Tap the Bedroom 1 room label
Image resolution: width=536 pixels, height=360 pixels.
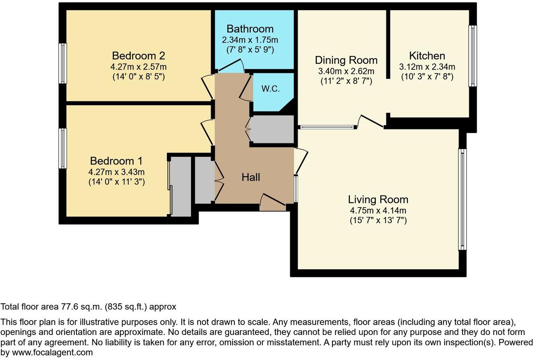[116, 161]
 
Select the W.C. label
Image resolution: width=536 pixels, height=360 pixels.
[270, 89]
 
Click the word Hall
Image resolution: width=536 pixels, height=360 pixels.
[251, 177]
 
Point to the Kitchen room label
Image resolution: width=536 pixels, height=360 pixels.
[427, 56]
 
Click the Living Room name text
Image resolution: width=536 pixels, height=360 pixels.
[378, 200]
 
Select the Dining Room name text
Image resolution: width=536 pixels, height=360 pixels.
[346, 60]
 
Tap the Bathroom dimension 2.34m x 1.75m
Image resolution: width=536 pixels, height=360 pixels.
[250, 40]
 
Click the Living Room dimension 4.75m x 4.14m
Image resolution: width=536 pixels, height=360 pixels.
[378, 211]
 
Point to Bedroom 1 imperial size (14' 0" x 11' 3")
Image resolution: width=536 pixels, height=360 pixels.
[116, 182]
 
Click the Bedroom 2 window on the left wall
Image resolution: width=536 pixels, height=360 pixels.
[62, 63]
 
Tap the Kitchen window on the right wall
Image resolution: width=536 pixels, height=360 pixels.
[473, 56]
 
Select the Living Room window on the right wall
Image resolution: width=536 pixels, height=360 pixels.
[463, 199]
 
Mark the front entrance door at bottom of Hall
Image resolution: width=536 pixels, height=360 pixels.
[273, 203]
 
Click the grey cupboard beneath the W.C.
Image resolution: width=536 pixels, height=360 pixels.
[272, 129]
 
